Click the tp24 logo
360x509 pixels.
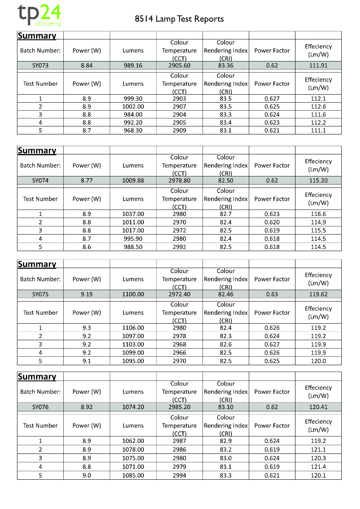[x=39, y=15]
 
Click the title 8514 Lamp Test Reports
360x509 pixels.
[x=179, y=19]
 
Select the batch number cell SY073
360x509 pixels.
[x=40, y=65]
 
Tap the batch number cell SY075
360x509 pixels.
[x=40, y=294]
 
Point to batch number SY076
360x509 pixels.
[x=40, y=407]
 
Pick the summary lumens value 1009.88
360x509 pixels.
[x=133, y=180]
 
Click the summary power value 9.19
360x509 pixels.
[x=87, y=294]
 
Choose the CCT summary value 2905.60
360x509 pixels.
[x=179, y=65]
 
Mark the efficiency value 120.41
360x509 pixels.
[x=318, y=407]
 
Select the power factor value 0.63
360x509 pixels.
[x=272, y=294]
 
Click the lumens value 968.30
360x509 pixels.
[x=133, y=130]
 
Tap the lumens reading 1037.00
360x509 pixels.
[x=133, y=214]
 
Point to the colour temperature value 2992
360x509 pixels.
[x=179, y=247]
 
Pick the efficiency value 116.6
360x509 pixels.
[x=318, y=214]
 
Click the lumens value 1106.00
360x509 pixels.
[x=133, y=328]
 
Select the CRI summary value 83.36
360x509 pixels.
[x=225, y=65]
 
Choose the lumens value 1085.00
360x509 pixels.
[x=133, y=475]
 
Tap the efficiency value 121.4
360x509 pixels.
[x=318, y=467]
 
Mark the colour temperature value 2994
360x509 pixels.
[x=179, y=475]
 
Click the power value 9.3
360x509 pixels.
[x=87, y=328]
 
